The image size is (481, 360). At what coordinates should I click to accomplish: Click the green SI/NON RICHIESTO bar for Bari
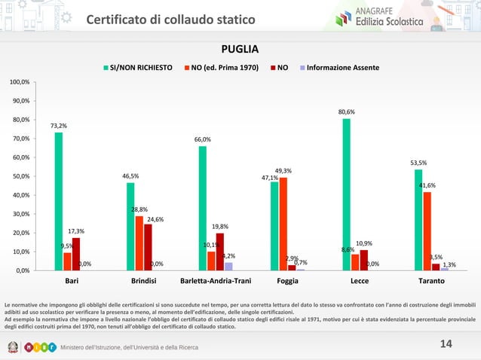point(59,201)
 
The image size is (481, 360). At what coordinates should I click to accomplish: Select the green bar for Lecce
point(346,194)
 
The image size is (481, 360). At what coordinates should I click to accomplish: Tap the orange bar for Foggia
point(283,224)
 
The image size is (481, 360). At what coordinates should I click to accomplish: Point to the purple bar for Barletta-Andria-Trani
point(228,266)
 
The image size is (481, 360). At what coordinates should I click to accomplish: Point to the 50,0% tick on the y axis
point(20,176)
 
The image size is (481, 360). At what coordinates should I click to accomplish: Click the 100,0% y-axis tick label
point(19,81)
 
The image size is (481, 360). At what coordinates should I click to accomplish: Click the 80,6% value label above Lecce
point(346,111)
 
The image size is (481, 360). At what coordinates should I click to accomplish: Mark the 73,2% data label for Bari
point(59,126)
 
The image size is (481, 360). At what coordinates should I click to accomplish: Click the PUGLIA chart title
point(240,50)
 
